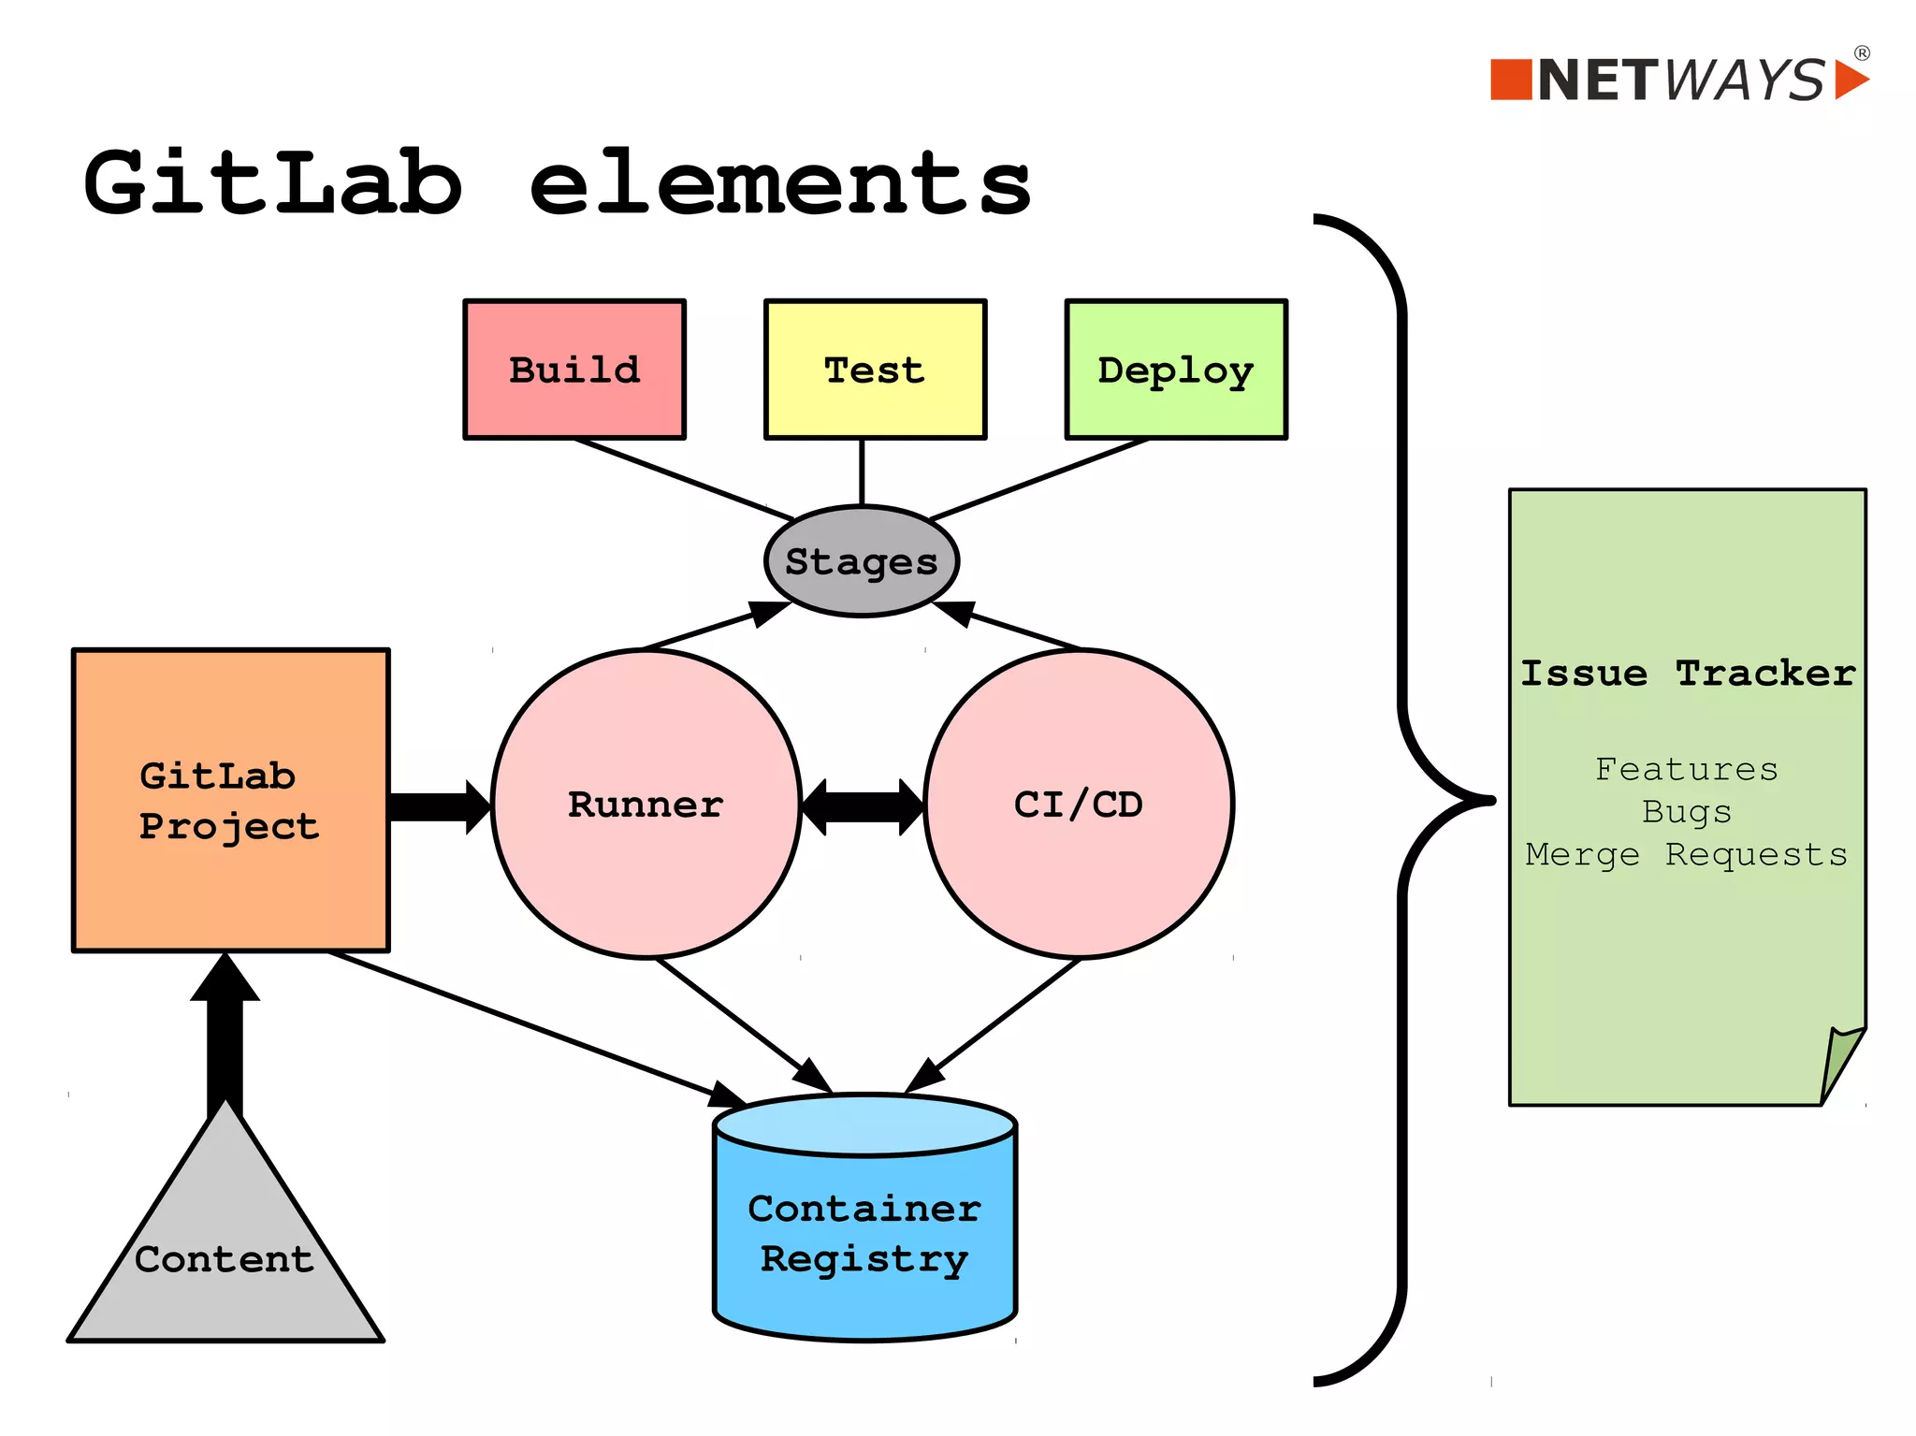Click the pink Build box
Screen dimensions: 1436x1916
tap(574, 370)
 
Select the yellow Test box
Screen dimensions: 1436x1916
tap(875, 370)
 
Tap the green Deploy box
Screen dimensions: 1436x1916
tap(1176, 370)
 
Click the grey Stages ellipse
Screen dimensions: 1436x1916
tap(861, 561)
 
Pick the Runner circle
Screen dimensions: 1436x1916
tap(646, 805)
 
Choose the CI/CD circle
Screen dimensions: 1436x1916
tap(1079, 805)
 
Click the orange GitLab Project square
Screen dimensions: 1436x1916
tap(230, 801)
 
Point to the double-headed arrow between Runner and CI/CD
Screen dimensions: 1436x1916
tap(862, 806)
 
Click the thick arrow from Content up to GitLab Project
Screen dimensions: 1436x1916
tap(225, 1038)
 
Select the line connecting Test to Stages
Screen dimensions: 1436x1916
tap(862, 472)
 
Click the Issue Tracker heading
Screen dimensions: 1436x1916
tap(1687, 674)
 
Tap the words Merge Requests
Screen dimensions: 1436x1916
tap(1687, 854)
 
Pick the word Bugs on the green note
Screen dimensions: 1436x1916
tap(1687, 811)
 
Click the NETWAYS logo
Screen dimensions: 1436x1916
tap(1679, 80)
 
